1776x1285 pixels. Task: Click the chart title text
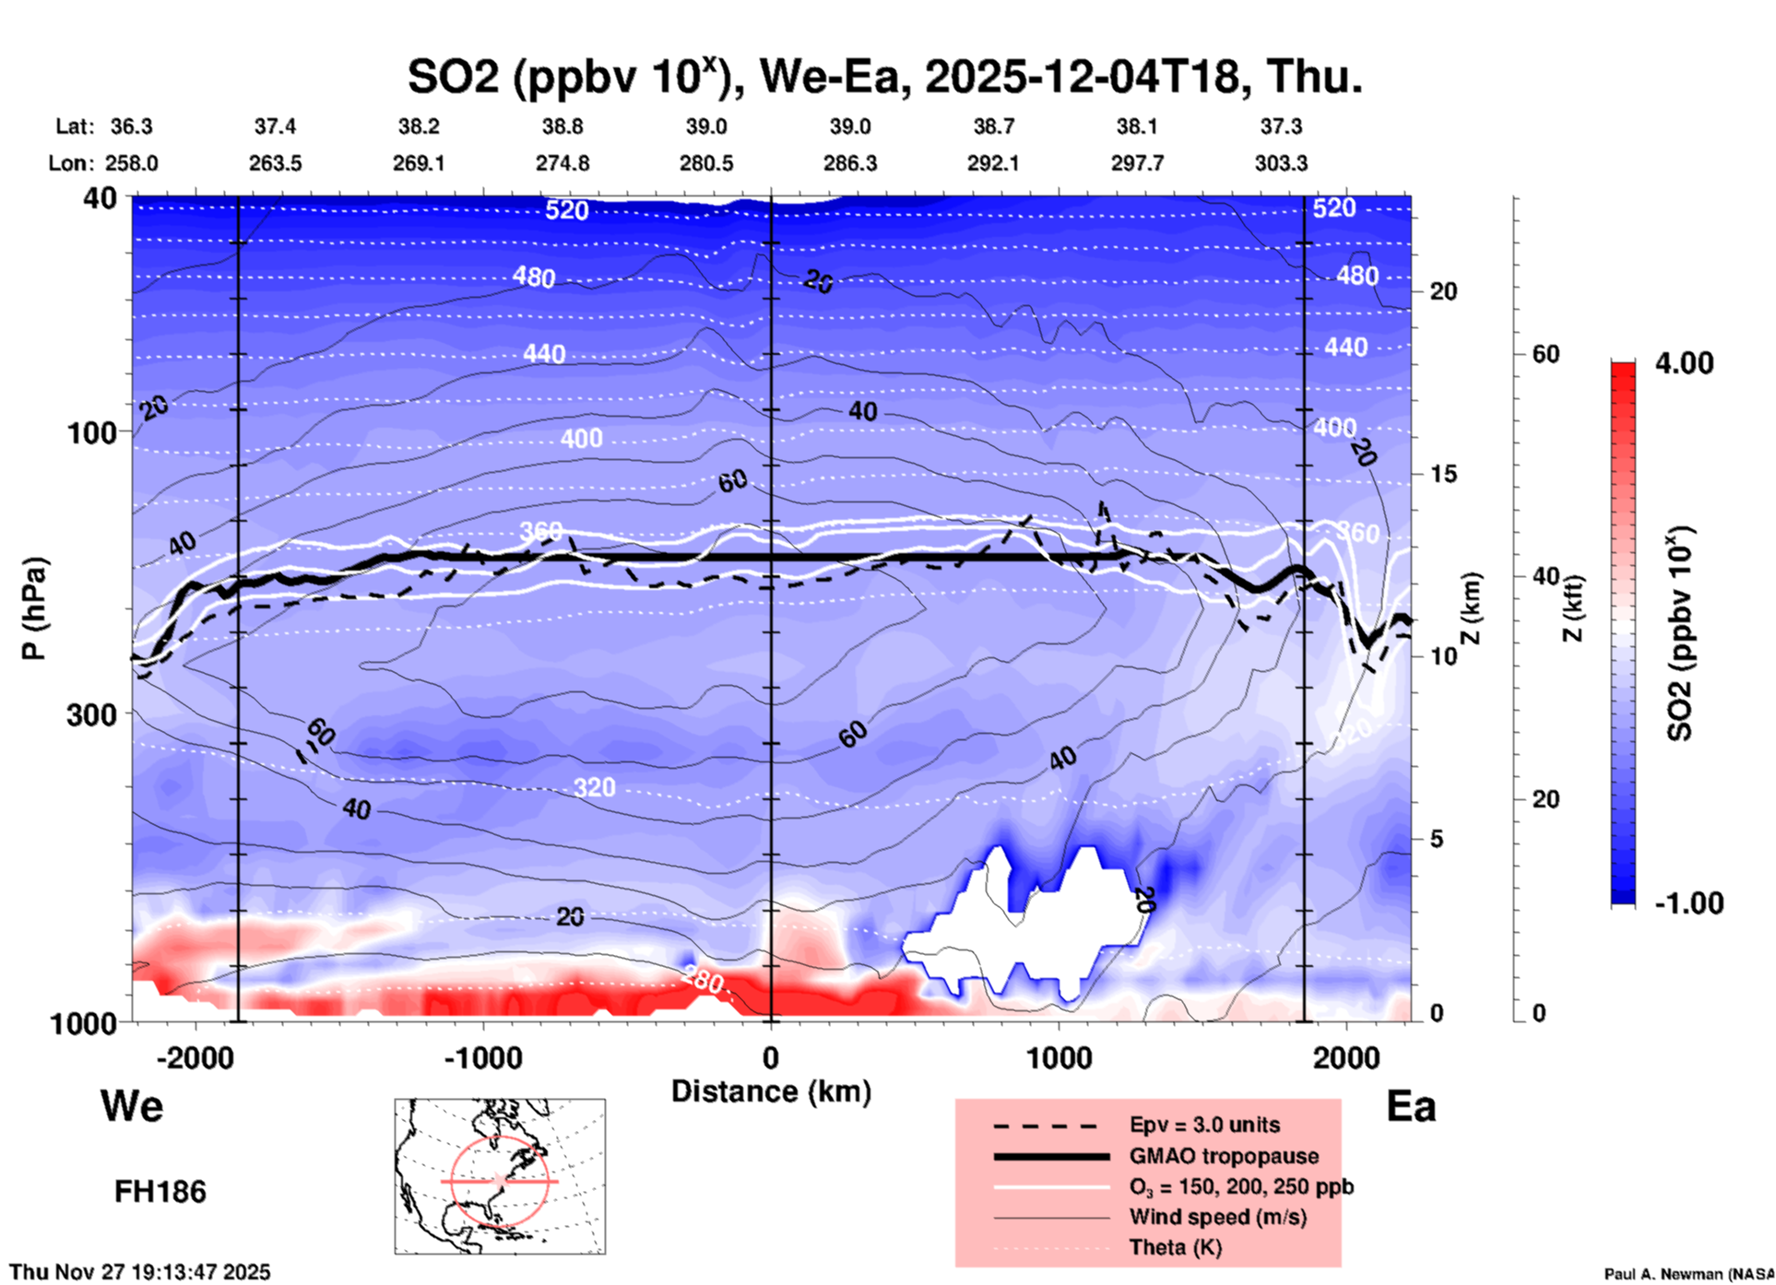point(884,77)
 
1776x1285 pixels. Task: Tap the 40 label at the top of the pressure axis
point(101,198)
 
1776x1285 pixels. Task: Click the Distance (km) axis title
point(771,1091)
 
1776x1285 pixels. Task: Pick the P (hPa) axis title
point(34,608)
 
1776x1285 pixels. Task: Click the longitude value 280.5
point(706,163)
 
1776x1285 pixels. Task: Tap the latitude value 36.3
point(131,126)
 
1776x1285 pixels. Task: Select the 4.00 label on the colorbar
point(1684,362)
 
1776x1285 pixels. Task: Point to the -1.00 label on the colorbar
point(1688,903)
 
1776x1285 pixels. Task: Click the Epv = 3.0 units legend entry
point(1204,1125)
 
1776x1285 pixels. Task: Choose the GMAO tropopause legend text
point(1224,1156)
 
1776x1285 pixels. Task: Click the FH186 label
point(160,1192)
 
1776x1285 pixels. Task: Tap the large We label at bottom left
point(132,1105)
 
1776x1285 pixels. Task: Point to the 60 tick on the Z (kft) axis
point(1545,354)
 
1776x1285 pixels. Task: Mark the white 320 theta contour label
point(594,787)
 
